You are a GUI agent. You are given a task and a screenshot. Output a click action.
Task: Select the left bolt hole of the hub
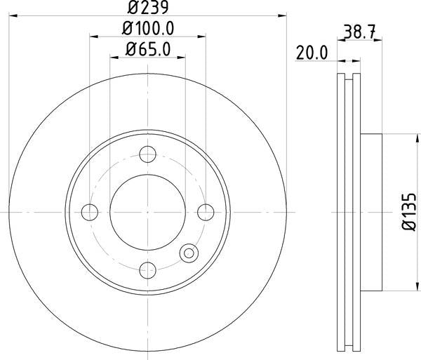point(90,211)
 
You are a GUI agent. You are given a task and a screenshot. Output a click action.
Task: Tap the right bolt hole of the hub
point(205,211)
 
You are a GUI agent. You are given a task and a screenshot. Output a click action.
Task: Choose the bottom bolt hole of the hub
point(147,268)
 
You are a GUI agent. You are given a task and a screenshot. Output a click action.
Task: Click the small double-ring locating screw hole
point(188,253)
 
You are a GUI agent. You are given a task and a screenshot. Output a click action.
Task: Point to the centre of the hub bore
point(147,211)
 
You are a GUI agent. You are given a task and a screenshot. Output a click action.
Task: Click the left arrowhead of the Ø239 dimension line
point(10,15)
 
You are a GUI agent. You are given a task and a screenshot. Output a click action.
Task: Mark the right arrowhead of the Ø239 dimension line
point(285,15)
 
